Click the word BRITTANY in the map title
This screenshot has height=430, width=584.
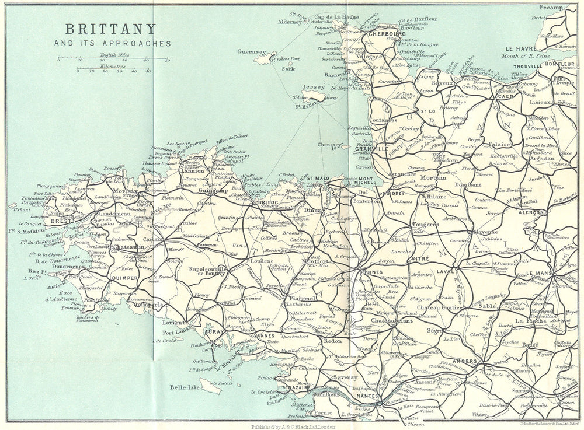(110, 29)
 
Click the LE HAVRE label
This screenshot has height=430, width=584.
(520, 48)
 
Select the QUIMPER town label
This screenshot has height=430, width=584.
(124, 278)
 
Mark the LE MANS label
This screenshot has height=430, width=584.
(540, 273)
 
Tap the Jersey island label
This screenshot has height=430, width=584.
(314, 87)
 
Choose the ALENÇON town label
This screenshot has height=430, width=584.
(532, 213)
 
